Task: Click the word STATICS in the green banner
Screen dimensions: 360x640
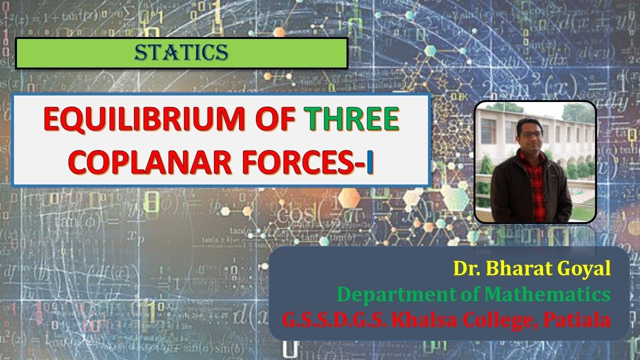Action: pos(181,52)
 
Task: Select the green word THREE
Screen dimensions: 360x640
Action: pos(352,120)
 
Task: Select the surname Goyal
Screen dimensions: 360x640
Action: pos(586,269)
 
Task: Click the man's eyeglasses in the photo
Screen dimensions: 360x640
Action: pos(531,135)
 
